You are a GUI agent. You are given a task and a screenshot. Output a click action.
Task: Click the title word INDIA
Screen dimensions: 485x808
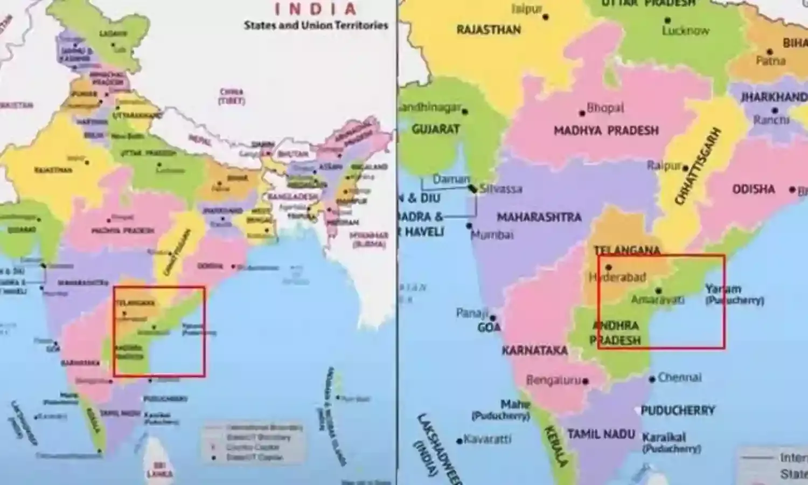[316, 9]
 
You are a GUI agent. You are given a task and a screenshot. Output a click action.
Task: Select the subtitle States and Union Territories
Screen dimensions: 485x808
[316, 25]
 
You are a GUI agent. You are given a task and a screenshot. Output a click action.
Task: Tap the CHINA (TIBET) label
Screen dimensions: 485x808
[231, 96]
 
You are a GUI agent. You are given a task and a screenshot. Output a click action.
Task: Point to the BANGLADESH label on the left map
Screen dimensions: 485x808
[294, 197]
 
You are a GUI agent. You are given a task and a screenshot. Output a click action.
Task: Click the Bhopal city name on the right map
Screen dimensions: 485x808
[605, 108]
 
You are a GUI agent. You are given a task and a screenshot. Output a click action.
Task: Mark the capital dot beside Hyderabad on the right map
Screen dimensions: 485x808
[609, 267]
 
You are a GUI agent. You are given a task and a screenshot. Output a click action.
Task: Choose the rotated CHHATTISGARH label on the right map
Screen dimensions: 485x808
[698, 166]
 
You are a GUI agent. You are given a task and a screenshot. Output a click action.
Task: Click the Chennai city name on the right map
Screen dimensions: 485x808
[679, 377]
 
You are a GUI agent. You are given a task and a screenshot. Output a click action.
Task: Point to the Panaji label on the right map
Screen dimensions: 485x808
[472, 313]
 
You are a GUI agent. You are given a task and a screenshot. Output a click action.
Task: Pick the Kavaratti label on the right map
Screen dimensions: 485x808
[487, 439]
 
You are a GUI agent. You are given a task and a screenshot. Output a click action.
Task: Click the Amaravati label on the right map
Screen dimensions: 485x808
[658, 300]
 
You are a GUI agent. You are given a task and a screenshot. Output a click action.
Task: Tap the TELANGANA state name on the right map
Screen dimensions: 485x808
[627, 251]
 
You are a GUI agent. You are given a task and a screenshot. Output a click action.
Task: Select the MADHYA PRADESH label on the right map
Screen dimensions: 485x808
[606, 130]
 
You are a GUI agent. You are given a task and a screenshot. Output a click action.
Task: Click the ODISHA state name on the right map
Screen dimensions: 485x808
[753, 189]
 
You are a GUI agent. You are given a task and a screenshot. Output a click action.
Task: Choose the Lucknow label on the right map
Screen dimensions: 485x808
[686, 31]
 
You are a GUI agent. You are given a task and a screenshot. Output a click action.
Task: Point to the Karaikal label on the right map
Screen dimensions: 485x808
[664, 437]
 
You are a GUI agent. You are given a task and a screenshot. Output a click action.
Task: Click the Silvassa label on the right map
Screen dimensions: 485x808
[501, 189]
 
